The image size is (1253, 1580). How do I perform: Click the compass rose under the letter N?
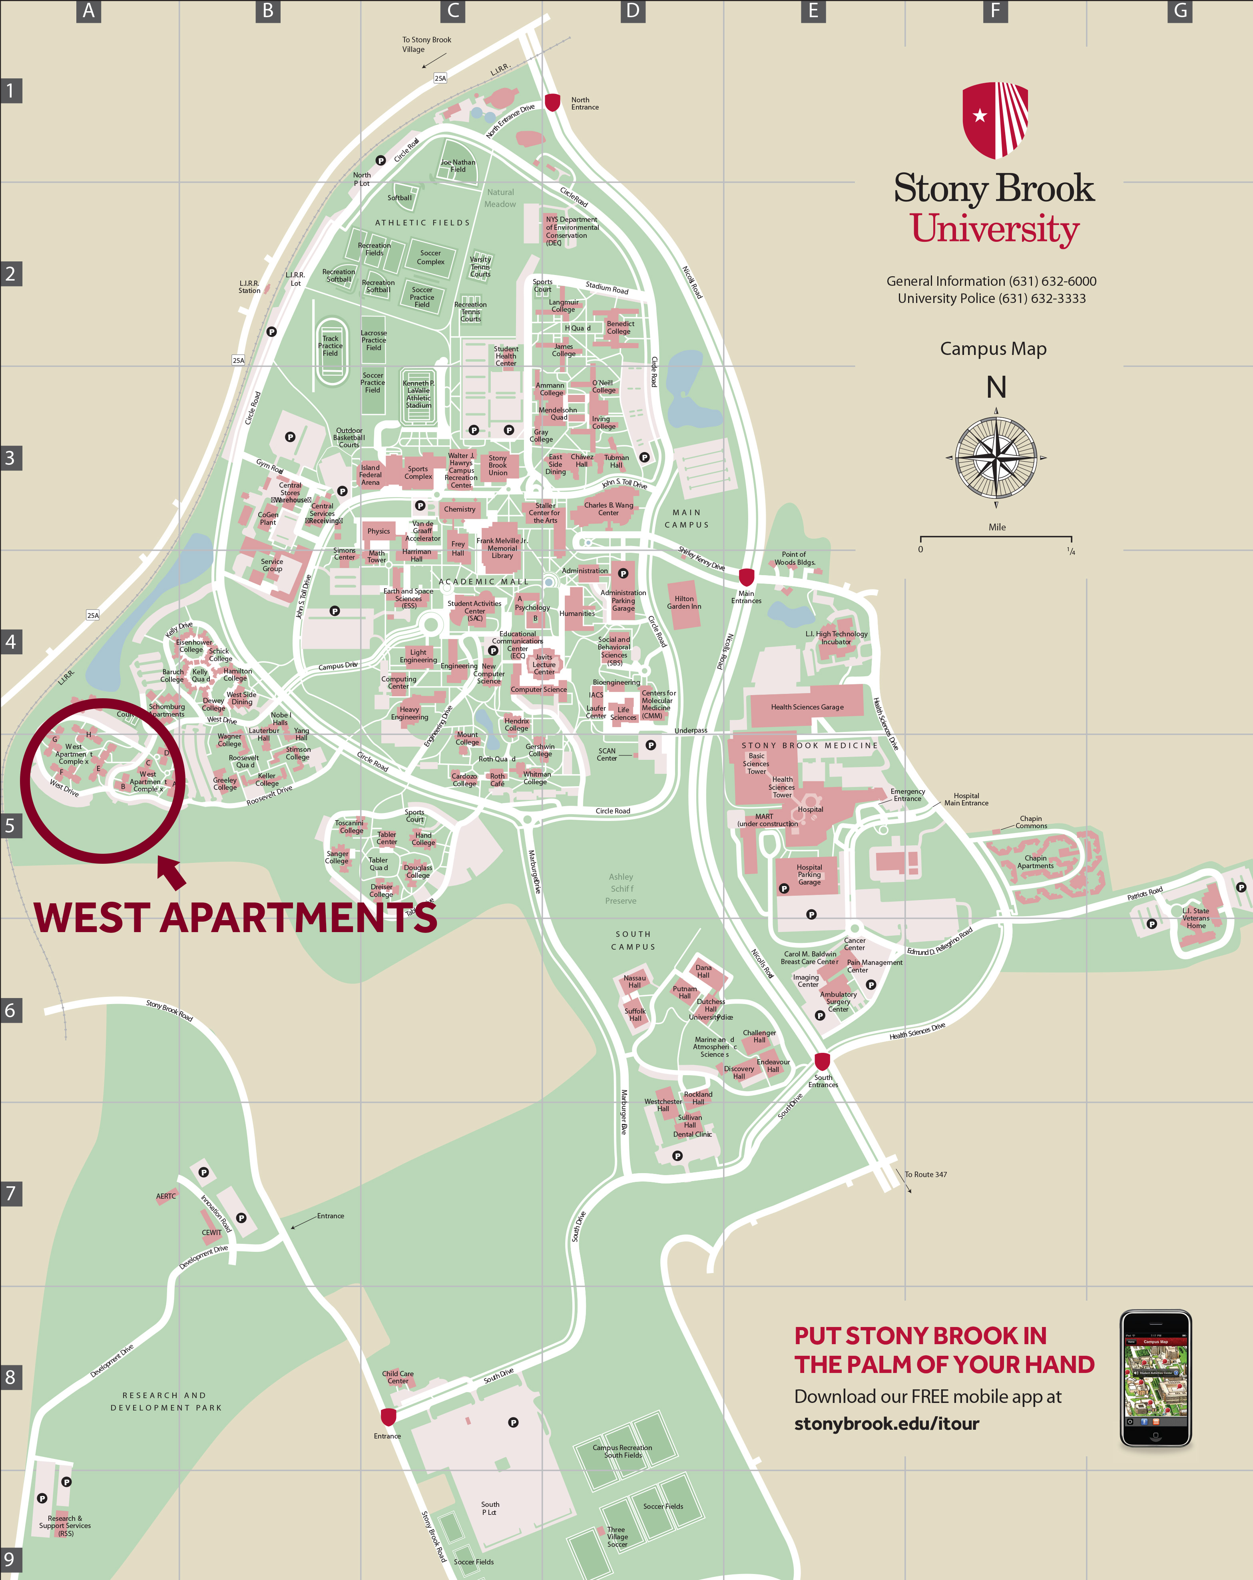click(996, 458)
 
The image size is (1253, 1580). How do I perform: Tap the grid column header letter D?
click(632, 11)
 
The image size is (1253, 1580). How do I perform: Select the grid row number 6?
click(10, 1010)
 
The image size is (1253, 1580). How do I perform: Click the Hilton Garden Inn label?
click(683, 602)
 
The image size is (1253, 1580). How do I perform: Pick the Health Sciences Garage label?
click(807, 707)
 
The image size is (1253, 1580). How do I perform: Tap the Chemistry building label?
click(460, 509)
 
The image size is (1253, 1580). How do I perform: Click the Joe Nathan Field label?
click(458, 165)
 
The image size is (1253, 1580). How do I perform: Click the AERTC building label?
click(165, 1196)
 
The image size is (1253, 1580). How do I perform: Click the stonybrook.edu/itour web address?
click(886, 1423)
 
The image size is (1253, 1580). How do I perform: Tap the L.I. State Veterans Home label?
click(1196, 918)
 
